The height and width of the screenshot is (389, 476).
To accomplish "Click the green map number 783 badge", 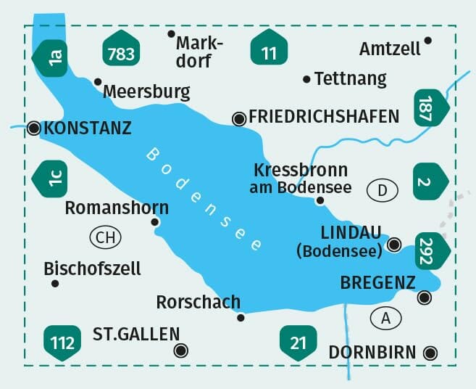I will coord(121,51).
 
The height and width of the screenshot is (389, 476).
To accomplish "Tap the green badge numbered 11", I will coord(269,50).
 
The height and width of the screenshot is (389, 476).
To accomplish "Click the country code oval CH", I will coord(105,237).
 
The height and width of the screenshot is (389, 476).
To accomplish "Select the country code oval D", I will coord(383,191).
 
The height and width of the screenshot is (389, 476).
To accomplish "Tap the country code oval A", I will coord(385,316).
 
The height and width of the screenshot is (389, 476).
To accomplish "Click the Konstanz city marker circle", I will coord(33,128).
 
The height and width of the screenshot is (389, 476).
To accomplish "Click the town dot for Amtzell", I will coord(428,41).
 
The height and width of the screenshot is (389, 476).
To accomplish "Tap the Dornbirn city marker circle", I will coord(430,353).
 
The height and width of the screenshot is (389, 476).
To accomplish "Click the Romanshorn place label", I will coord(117,208).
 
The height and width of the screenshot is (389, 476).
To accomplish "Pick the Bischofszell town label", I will coord(93,269).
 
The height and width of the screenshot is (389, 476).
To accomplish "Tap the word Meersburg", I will coord(147,91).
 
